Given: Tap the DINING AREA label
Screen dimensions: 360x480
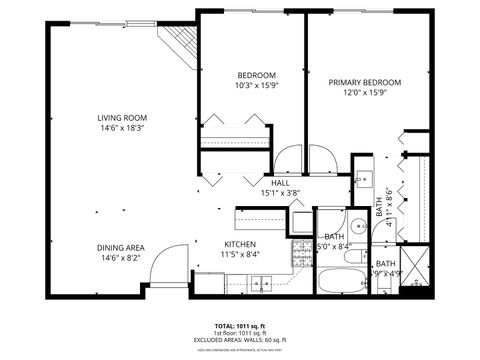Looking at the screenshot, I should [120, 248].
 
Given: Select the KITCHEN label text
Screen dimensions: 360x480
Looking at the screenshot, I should [240, 244].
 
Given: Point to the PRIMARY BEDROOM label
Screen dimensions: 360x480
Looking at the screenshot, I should [365, 83].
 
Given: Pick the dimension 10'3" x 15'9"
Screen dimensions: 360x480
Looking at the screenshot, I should [257, 86].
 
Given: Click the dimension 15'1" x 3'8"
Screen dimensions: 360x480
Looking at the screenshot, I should [280, 193].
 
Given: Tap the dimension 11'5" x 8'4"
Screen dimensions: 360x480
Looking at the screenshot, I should [240, 255].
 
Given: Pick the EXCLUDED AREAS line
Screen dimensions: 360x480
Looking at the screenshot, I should [240, 341].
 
